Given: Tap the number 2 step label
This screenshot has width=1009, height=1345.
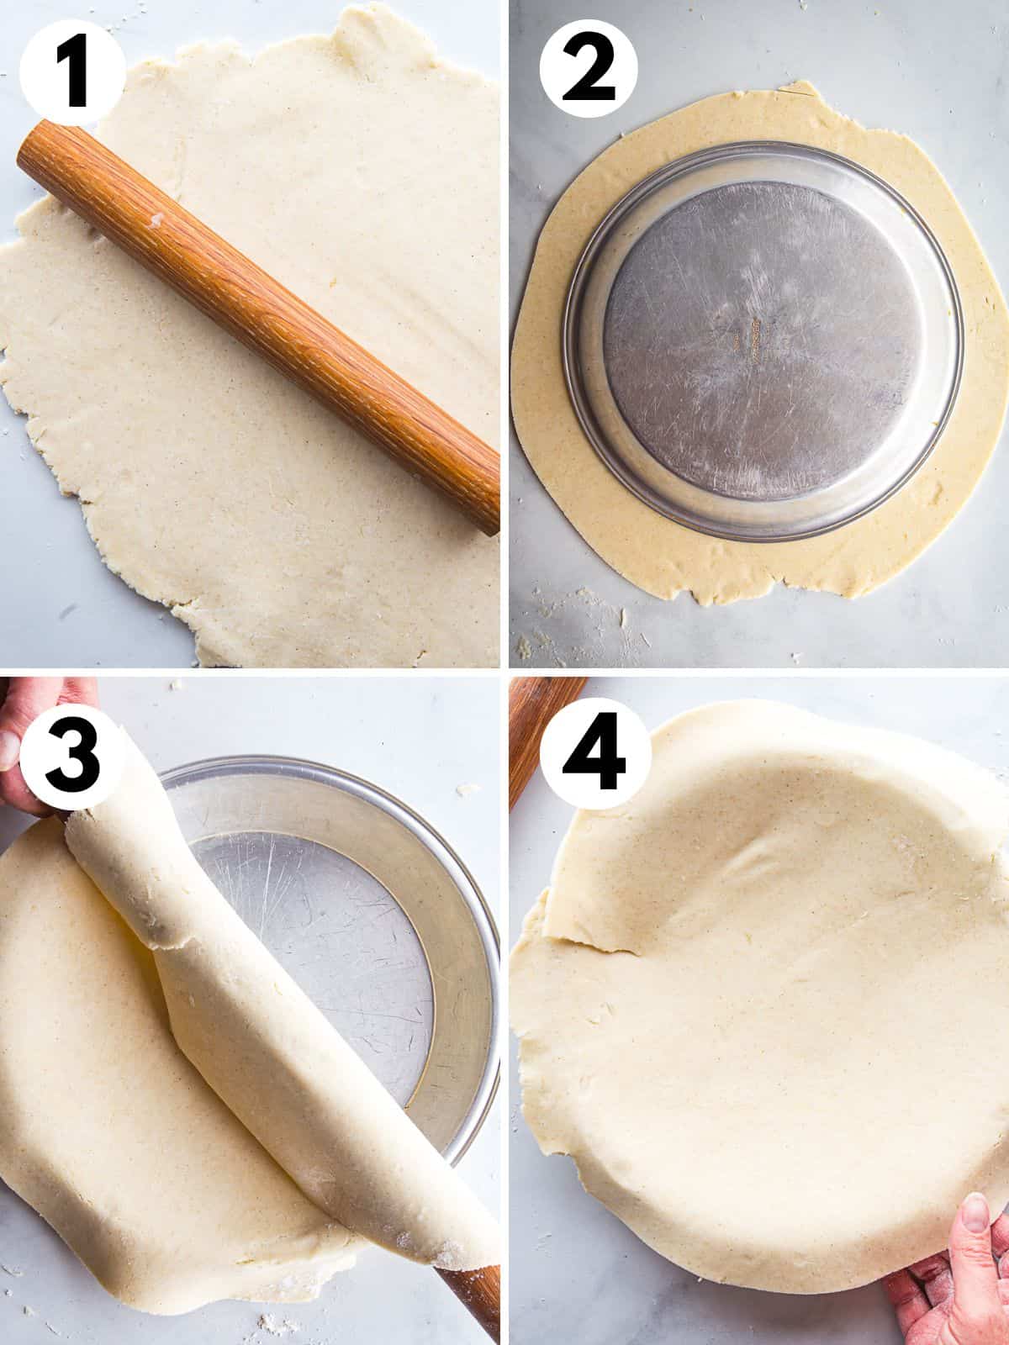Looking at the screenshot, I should tap(589, 71).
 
